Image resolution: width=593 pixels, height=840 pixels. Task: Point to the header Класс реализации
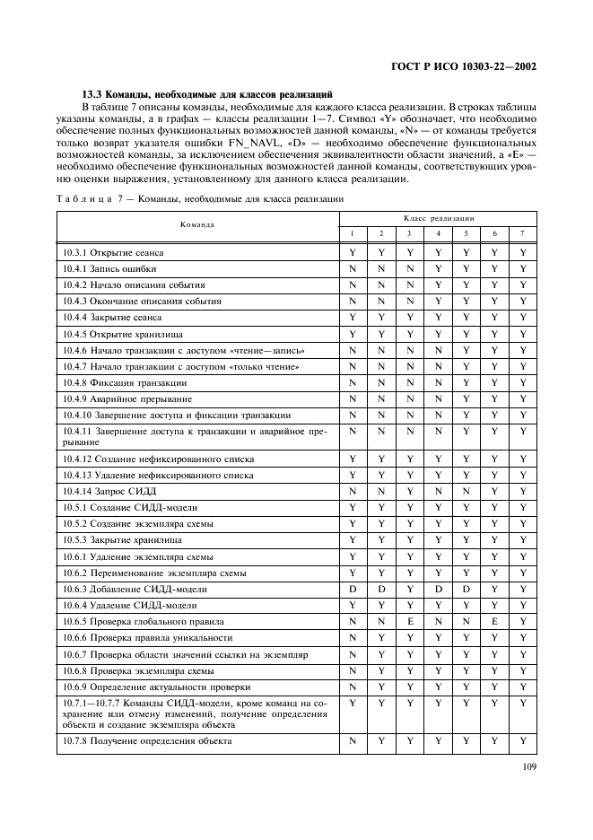pos(439,218)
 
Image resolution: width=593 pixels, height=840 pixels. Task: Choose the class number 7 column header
pos(523,233)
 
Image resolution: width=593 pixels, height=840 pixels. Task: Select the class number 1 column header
pos(353,233)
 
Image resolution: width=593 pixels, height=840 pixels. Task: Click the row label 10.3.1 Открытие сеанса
pos(113,253)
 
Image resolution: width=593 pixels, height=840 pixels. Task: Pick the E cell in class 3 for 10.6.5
pos(409,621)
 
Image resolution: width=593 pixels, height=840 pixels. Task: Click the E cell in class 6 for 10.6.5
pos(494,621)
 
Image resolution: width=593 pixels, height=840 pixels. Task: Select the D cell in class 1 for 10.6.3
pos(353,589)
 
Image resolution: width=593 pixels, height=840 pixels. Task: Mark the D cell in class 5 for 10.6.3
pos(467,589)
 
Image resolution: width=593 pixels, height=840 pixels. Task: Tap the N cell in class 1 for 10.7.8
pos(353,741)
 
